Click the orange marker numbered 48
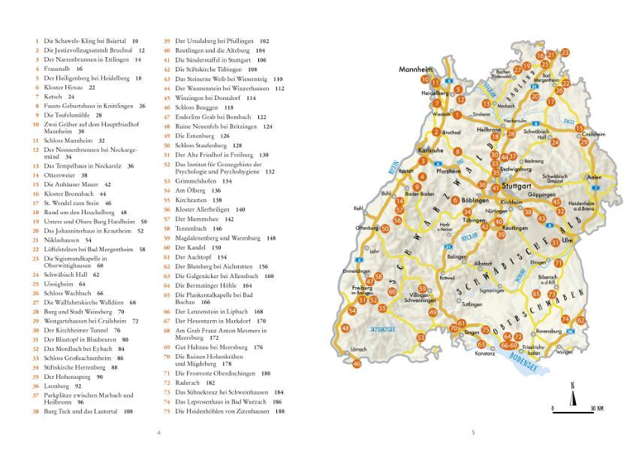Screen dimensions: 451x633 (x=345, y=328)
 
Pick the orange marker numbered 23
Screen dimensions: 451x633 (x=565, y=53)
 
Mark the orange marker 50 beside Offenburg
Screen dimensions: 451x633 (x=385, y=229)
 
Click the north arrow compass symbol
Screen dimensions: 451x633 (x=573, y=394)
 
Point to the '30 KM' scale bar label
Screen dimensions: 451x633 (x=597, y=409)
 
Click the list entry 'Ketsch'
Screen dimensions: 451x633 (x=54, y=96)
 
